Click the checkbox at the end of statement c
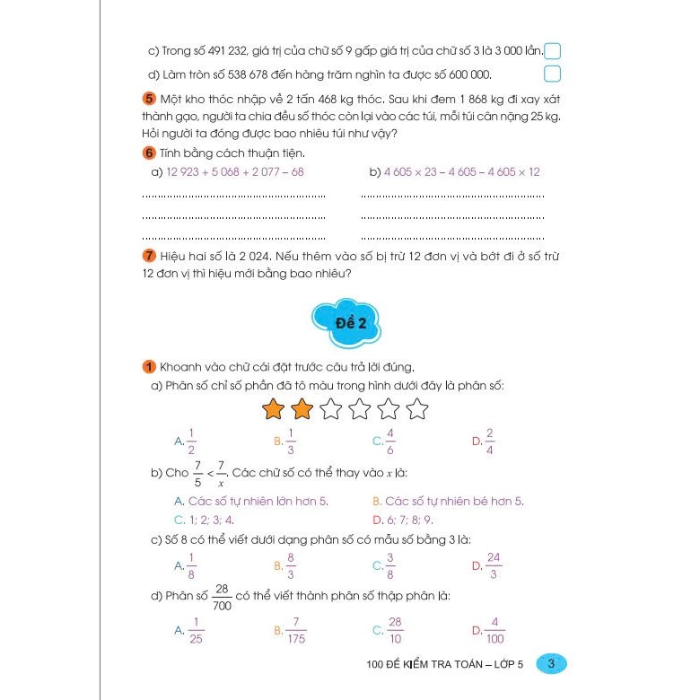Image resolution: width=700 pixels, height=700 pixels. pyautogui.click(x=554, y=51)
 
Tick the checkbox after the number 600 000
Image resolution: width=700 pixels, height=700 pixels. pyautogui.click(x=553, y=74)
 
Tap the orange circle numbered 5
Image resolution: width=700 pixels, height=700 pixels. pyautogui.click(x=148, y=98)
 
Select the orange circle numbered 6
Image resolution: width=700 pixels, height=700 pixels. pyautogui.click(x=148, y=153)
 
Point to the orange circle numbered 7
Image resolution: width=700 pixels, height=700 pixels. pyautogui.click(x=148, y=256)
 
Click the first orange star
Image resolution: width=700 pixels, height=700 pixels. pyautogui.click(x=275, y=410)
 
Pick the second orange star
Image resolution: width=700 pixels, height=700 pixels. pyautogui.click(x=303, y=410)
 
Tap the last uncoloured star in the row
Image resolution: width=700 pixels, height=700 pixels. pyautogui.click(x=417, y=410)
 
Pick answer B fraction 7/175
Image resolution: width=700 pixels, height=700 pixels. pyautogui.click(x=291, y=631)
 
